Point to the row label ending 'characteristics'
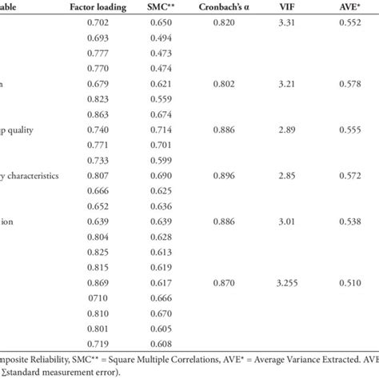(31, 174)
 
